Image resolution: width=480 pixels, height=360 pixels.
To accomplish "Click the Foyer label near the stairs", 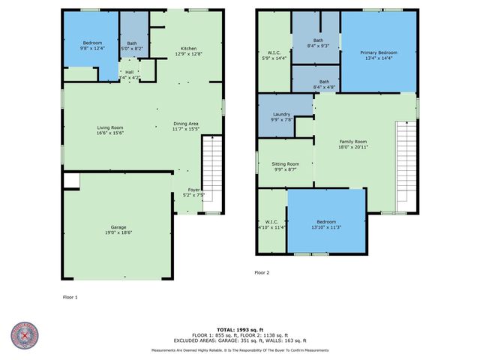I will click(193, 190).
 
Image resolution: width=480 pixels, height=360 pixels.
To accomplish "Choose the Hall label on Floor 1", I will click(129, 72).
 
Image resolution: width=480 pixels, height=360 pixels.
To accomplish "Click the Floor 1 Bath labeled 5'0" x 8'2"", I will click(132, 45).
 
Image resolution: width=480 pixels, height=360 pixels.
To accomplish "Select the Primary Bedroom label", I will click(378, 52).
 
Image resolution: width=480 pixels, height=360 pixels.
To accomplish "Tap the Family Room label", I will click(352, 142).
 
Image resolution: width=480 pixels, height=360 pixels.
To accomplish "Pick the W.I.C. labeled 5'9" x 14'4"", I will click(274, 55).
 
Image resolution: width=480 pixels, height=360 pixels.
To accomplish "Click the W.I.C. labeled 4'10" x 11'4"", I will click(271, 223).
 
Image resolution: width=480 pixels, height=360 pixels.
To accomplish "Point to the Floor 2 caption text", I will click(262, 272).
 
